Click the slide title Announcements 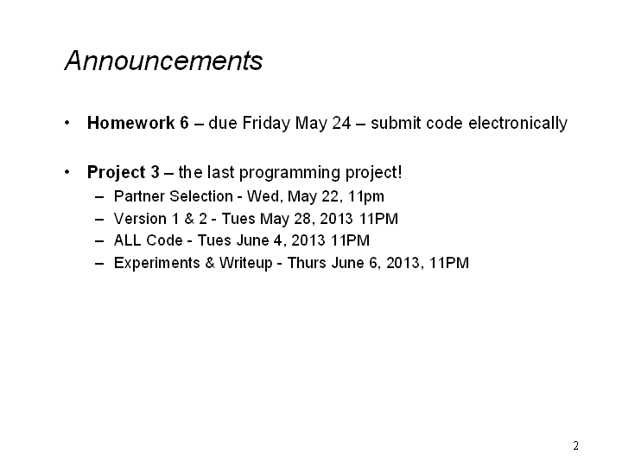coord(163,61)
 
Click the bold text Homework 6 coord(138,123)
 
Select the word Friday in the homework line coord(266,124)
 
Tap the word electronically coord(517,124)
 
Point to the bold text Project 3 coord(124,173)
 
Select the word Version coord(140,219)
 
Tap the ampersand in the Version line coord(189,219)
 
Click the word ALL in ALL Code coord(128,240)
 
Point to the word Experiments coord(156,263)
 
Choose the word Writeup coord(246,263)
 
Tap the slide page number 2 coord(575,445)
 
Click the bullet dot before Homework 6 coord(67,123)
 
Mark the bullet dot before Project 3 coord(67,172)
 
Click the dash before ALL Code coord(99,241)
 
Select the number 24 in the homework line coord(341,123)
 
